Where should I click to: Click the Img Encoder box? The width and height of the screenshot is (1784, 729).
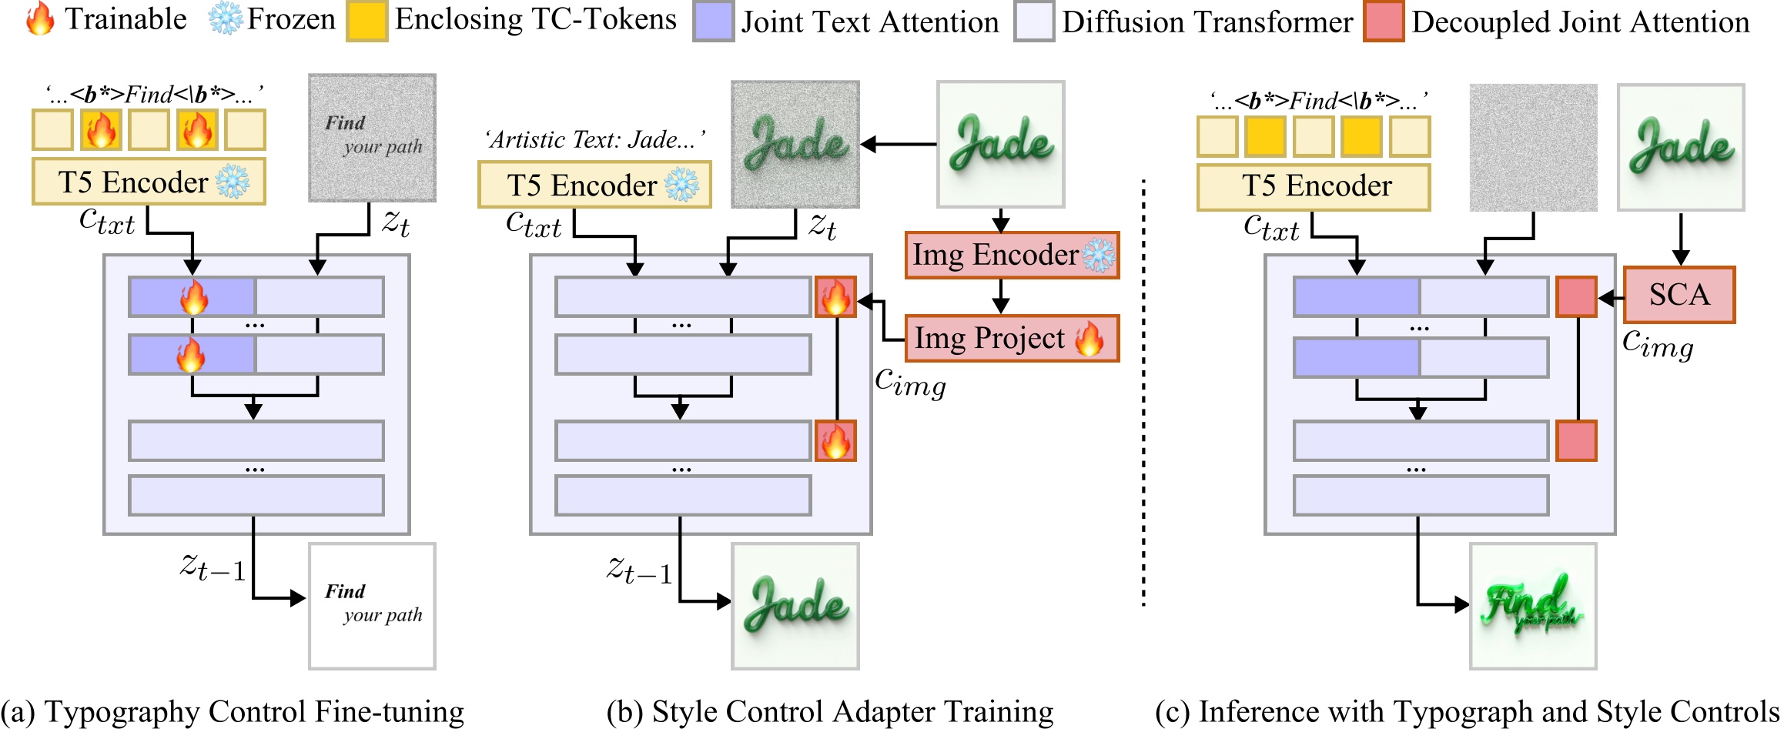pos(1011,255)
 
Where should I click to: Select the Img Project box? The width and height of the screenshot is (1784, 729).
pos(1011,338)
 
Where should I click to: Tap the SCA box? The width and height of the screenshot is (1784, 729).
pos(1679,295)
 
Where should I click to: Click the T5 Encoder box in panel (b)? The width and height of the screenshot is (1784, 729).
pos(594,185)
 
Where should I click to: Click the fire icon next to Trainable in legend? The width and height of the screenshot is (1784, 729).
pos(40,19)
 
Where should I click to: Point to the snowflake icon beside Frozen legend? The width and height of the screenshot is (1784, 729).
pos(226,19)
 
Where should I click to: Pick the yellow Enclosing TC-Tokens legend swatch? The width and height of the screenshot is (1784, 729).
pos(367,21)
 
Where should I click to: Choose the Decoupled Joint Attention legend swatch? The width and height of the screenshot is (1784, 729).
pos(1383,22)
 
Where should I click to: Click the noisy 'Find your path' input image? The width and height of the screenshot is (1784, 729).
pos(372,138)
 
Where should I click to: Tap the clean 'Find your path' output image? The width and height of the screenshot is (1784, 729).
pos(372,606)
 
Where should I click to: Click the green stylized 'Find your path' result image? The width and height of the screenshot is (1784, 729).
pos(1532,606)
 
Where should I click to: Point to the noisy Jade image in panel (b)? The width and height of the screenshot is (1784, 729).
pos(795,144)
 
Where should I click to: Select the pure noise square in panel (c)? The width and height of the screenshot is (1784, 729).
pos(1532,147)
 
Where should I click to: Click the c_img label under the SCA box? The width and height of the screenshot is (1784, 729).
pos(1657,343)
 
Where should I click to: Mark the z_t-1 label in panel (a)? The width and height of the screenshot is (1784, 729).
pos(213,567)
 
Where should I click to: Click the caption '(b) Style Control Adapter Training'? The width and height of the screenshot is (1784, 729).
pos(829,712)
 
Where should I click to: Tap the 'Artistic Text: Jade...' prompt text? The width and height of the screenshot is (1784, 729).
pos(594,140)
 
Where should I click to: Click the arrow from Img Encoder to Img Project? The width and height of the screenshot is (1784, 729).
pos(1000,296)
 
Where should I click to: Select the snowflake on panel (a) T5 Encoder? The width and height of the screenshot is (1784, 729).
pos(233,182)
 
